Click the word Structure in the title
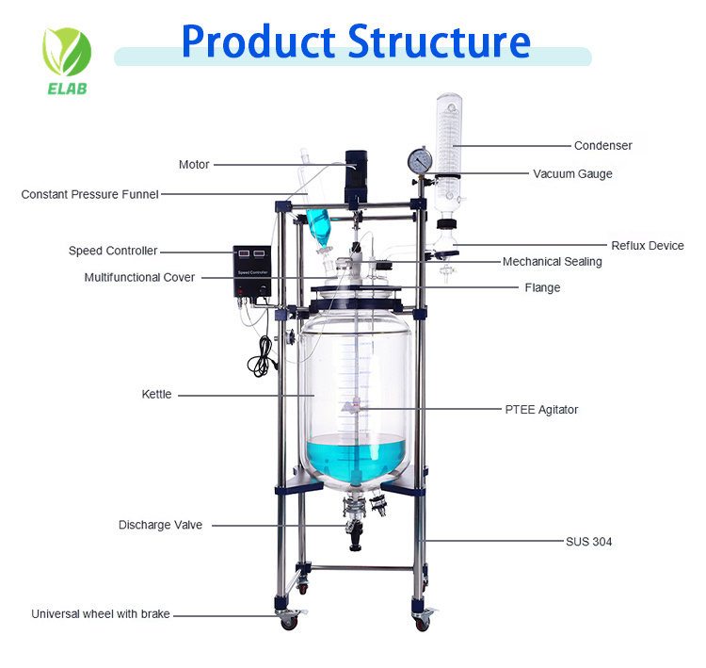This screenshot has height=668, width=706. click(x=439, y=41)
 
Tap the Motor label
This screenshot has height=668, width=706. click(x=194, y=165)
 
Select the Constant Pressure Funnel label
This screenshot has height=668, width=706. click(x=89, y=195)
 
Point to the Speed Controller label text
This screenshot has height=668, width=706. click(x=113, y=252)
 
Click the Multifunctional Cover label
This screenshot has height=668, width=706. click(x=139, y=278)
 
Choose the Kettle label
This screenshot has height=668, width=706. click(x=156, y=395)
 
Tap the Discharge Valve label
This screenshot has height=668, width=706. click(x=160, y=525)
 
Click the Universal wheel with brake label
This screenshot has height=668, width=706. click(x=101, y=614)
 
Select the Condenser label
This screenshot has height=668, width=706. click(x=603, y=146)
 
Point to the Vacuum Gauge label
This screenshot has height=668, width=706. click(x=572, y=173)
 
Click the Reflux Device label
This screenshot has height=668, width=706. click(x=648, y=246)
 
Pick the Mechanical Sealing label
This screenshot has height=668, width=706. click(x=552, y=262)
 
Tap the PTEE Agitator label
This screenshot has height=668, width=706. click(x=541, y=410)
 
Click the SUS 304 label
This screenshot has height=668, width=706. click(x=588, y=542)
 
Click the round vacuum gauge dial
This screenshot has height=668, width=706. click(x=419, y=161)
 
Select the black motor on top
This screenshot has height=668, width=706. click(x=354, y=173)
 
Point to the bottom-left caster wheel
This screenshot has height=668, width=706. click(x=287, y=619)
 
